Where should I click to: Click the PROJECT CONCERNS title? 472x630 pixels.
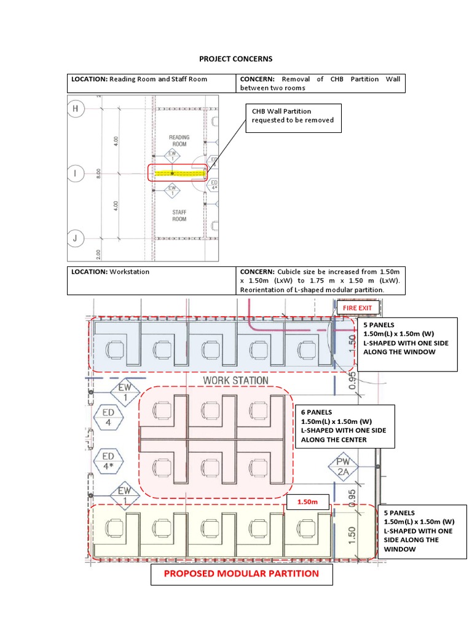tap(235, 59)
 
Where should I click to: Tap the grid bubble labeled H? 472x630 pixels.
tap(76, 108)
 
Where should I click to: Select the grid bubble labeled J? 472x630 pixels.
tap(75, 238)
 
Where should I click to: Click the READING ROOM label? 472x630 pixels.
tap(179, 141)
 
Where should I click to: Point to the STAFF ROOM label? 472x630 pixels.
tap(179, 215)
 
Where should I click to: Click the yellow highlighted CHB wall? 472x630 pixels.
tap(180, 173)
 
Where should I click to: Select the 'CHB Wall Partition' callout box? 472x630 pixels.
tap(293, 118)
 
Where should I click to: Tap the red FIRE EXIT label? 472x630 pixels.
tap(357, 308)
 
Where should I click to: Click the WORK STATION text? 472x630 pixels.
tap(235, 380)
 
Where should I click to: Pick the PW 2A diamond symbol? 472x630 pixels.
tap(343, 467)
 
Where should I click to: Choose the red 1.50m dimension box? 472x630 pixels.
tap(308, 502)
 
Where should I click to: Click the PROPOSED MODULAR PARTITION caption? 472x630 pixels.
tap(242, 574)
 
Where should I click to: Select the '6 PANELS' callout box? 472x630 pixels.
tap(348, 426)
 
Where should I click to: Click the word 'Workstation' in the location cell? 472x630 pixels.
tap(130, 272)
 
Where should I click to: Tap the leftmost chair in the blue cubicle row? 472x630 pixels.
tap(115, 349)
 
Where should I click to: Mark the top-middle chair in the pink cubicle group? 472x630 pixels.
tap(210, 410)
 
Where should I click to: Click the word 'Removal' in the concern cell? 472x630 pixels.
tap(296, 79)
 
